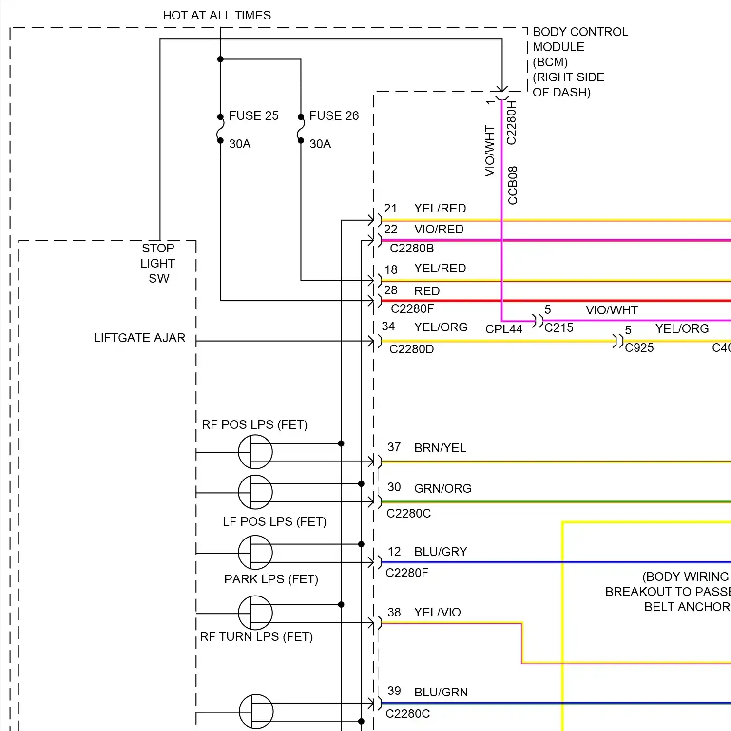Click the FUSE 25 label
[253, 116]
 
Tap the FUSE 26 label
[334, 116]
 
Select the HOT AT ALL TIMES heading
[217, 16]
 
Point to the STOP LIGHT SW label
[158, 263]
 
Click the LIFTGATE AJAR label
[140, 338]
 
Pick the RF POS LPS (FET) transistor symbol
[255, 452]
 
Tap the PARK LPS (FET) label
[271, 579]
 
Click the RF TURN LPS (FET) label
[256, 637]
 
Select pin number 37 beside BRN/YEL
[394, 447]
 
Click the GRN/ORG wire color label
[442, 489]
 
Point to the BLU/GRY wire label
[441, 552]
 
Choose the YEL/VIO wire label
[437, 613]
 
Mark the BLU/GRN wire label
[441, 693]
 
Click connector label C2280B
[412, 249]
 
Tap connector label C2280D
[412, 349]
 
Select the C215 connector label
[559, 328]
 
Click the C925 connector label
[639, 348]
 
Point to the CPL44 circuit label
[504, 329]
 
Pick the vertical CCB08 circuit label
[513, 185]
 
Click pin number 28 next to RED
[391, 290]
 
